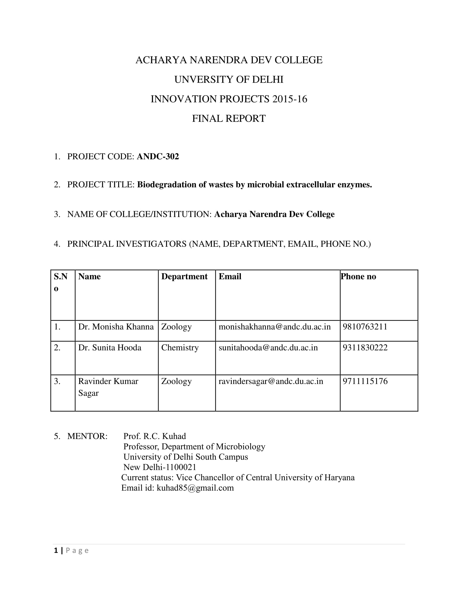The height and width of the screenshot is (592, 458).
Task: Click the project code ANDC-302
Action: [x=158, y=157]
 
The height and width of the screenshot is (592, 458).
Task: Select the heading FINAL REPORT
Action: [x=229, y=118]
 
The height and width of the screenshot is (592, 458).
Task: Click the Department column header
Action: [x=184, y=276]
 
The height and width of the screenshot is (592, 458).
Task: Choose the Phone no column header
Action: [x=358, y=276]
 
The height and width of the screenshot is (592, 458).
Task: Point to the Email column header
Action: [x=230, y=276]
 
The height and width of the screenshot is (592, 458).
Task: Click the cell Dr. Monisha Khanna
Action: [x=116, y=327]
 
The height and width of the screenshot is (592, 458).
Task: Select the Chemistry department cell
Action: [x=180, y=347]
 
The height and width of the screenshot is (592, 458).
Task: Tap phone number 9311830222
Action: [x=365, y=347]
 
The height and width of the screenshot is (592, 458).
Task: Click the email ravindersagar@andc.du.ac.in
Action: [x=271, y=381]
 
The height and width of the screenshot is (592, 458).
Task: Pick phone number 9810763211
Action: [x=365, y=327]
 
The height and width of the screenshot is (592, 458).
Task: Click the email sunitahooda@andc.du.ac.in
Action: [x=268, y=347]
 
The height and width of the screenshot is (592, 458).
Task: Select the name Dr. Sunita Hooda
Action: [x=110, y=347]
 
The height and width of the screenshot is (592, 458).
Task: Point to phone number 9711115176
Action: [x=365, y=381]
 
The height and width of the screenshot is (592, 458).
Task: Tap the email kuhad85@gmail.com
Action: [x=195, y=488]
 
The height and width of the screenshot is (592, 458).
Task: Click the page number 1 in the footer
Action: [x=56, y=551]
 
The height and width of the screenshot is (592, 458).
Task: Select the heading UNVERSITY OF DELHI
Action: [x=229, y=79]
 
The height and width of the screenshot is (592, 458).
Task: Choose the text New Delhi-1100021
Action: [x=160, y=467]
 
